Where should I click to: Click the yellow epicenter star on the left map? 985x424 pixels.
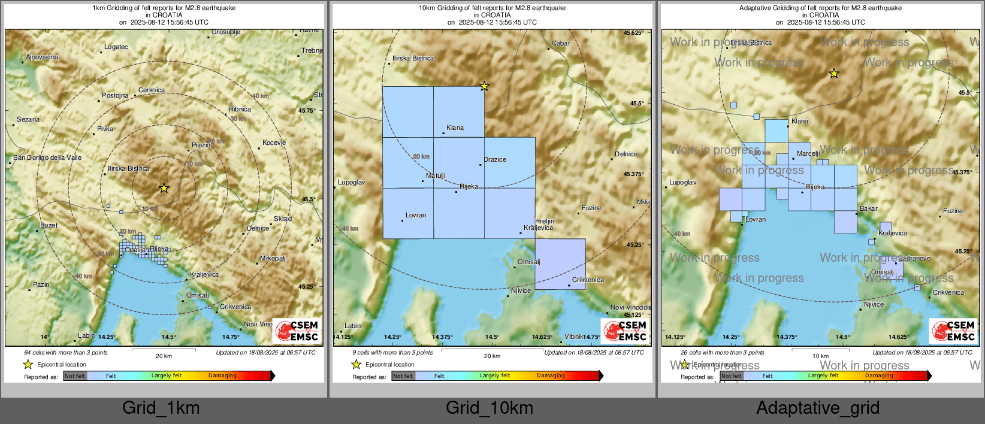coord(164,188)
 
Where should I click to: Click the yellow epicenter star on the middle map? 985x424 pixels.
coord(484,86)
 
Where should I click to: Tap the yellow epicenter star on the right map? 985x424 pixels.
coord(834,74)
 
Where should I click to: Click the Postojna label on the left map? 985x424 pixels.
coord(115,95)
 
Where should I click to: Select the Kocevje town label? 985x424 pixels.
coord(274,143)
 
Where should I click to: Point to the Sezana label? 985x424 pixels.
coord(28,119)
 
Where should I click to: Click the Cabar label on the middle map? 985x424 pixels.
coord(561,43)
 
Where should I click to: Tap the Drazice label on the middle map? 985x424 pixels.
coord(495,159)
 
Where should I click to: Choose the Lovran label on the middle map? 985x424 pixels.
coord(416,215)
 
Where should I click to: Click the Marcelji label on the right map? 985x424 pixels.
coord(808,153)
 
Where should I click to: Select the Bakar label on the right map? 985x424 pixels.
coord(868,208)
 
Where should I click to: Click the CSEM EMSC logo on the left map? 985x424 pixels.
coord(297,331)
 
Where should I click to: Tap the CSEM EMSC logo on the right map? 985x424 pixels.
coord(954,331)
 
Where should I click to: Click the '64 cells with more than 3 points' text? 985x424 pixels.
coord(66,352)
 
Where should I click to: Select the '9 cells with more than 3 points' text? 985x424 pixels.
coord(392,352)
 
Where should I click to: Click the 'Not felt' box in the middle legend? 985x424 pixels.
coord(403,376)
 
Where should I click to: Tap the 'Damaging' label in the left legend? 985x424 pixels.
coord(222,375)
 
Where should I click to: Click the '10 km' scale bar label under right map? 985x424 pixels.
coord(820,356)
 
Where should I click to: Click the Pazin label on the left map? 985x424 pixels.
coord(41,284)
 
